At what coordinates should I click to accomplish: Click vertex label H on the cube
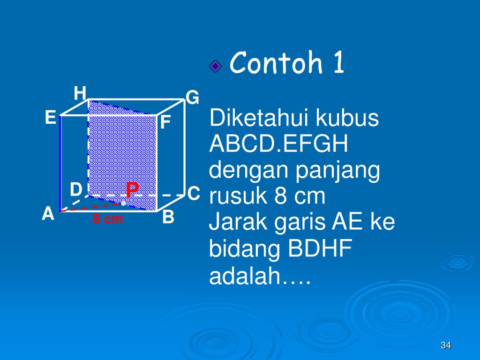tap(80, 94)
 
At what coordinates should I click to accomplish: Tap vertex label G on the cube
tap(193, 98)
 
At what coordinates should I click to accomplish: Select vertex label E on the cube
tap(51, 118)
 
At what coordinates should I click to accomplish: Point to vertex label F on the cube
tap(165, 123)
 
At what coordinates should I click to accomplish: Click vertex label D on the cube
tap(76, 190)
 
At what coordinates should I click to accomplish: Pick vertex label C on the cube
tap(194, 194)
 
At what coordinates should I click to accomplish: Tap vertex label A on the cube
tap(48, 214)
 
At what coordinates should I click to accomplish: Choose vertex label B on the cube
tap(168, 217)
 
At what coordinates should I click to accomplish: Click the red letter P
tap(132, 190)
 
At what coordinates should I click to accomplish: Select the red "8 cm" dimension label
tap(107, 219)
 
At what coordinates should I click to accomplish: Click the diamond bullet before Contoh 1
tap(215, 67)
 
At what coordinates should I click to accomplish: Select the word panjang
tap(337, 171)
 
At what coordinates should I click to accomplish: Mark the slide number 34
tap(446, 345)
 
